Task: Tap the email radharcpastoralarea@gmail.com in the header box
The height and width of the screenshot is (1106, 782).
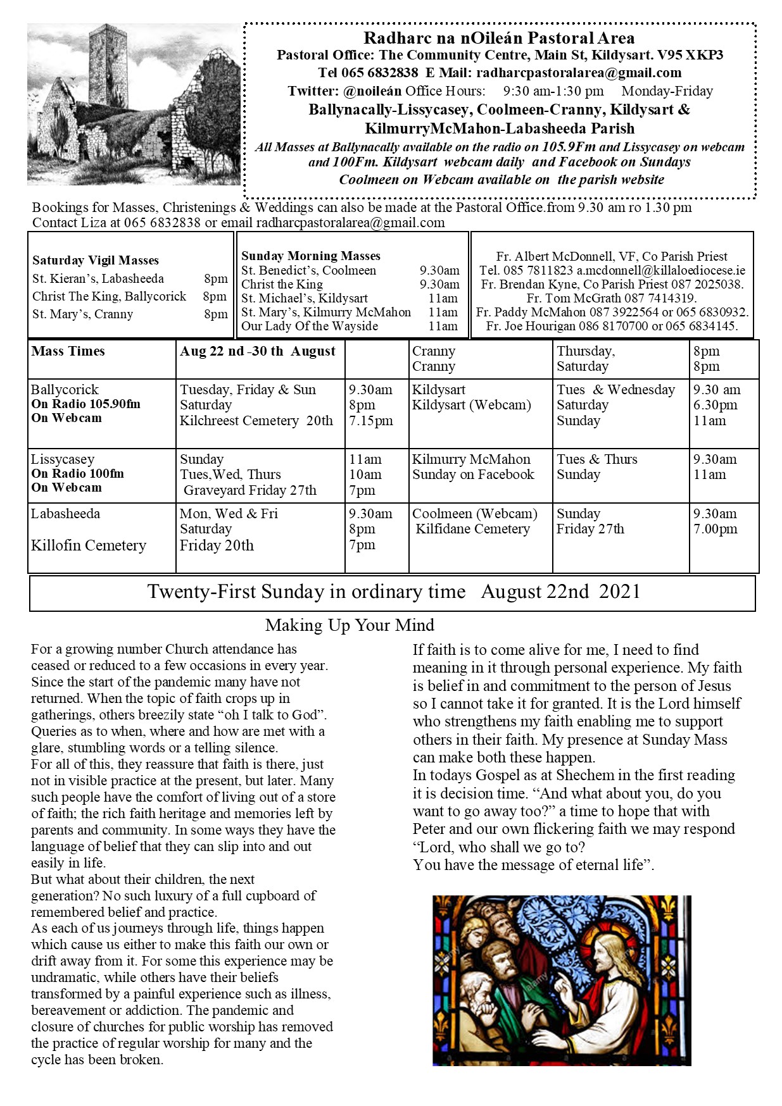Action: point(579,73)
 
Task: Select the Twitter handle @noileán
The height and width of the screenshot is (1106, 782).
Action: point(372,91)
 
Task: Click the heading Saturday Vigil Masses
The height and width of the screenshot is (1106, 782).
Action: point(96,260)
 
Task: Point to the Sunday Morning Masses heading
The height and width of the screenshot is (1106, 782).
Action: point(310,256)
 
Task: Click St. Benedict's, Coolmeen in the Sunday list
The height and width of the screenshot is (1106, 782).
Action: point(308,270)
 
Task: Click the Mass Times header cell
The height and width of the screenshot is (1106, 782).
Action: point(68,351)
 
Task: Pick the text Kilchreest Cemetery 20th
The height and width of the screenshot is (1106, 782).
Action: point(256,421)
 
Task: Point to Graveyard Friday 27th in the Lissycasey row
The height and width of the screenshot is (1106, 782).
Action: point(250,490)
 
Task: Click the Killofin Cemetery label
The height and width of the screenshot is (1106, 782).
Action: point(89,545)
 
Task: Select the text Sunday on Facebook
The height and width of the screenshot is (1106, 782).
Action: point(473,475)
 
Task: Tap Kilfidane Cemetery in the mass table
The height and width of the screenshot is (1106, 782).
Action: point(472,529)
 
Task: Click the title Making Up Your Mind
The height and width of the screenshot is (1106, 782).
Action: point(350,625)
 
